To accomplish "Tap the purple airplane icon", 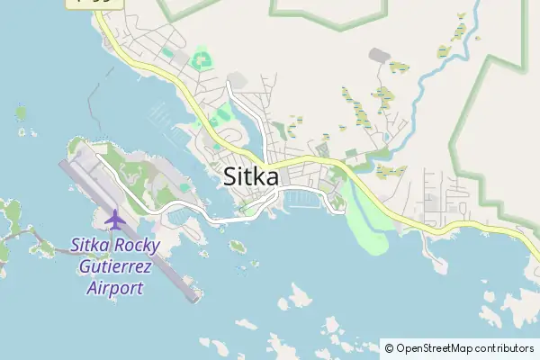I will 114,219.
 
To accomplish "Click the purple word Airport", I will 115,288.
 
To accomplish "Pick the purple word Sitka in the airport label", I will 94,245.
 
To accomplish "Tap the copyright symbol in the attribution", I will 389,347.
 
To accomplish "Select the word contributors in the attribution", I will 504,347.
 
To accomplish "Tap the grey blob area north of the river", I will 380,56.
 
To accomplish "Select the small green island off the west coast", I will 21,113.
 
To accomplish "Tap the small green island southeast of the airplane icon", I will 238,246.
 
